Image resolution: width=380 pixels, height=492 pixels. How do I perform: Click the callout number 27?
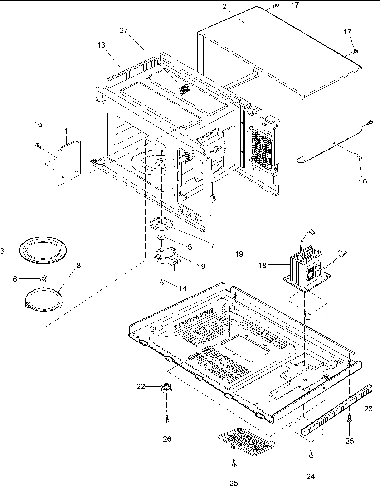click(123, 30)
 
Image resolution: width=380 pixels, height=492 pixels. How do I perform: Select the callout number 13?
click(101, 45)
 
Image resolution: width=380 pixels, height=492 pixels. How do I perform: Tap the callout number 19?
click(239, 254)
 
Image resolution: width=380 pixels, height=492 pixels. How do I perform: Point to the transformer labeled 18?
click(307, 266)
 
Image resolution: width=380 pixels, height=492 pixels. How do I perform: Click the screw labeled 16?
click(358, 155)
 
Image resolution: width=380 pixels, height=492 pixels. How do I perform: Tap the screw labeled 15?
click(38, 146)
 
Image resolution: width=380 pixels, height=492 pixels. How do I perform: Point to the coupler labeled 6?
click(43, 278)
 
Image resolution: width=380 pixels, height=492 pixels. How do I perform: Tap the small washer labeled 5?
click(162, 237)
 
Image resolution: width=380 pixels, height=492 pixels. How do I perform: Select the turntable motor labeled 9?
click(166, 257)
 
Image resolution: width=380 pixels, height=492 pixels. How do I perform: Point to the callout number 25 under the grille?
click(233, 483)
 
